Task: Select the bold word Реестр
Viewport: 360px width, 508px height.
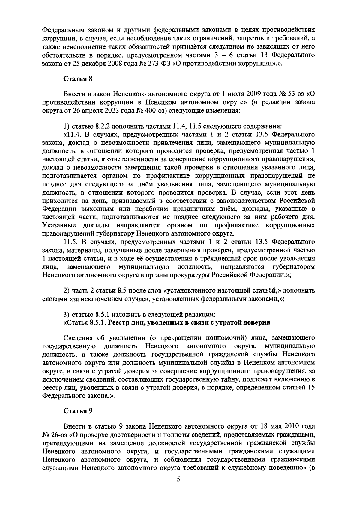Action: click(x=118, y=323)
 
